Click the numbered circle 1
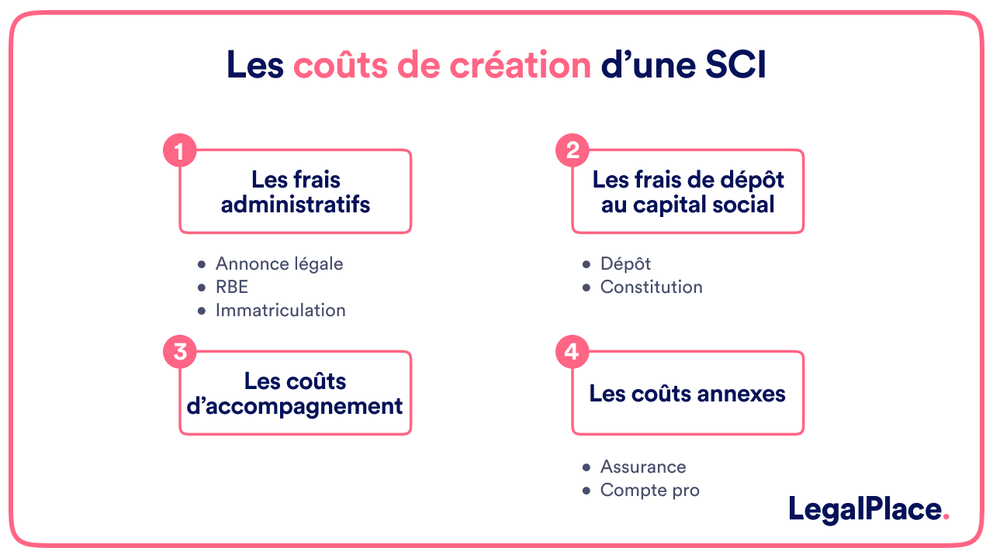pos(179,151)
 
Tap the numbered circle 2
pos(573,151)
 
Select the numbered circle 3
pos(179,352)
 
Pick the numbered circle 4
pos(573,352)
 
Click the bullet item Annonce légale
pos(279,263)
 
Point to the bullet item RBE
pos(231,287)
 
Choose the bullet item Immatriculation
pos(280,310)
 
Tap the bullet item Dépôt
pos(625,263)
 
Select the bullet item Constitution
pos(651,287)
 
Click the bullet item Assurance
pos(642,467)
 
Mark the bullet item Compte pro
pos(649,490)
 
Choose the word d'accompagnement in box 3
pos(295,405)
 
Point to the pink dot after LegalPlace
pos(945,517)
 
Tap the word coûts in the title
pos(341,65)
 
